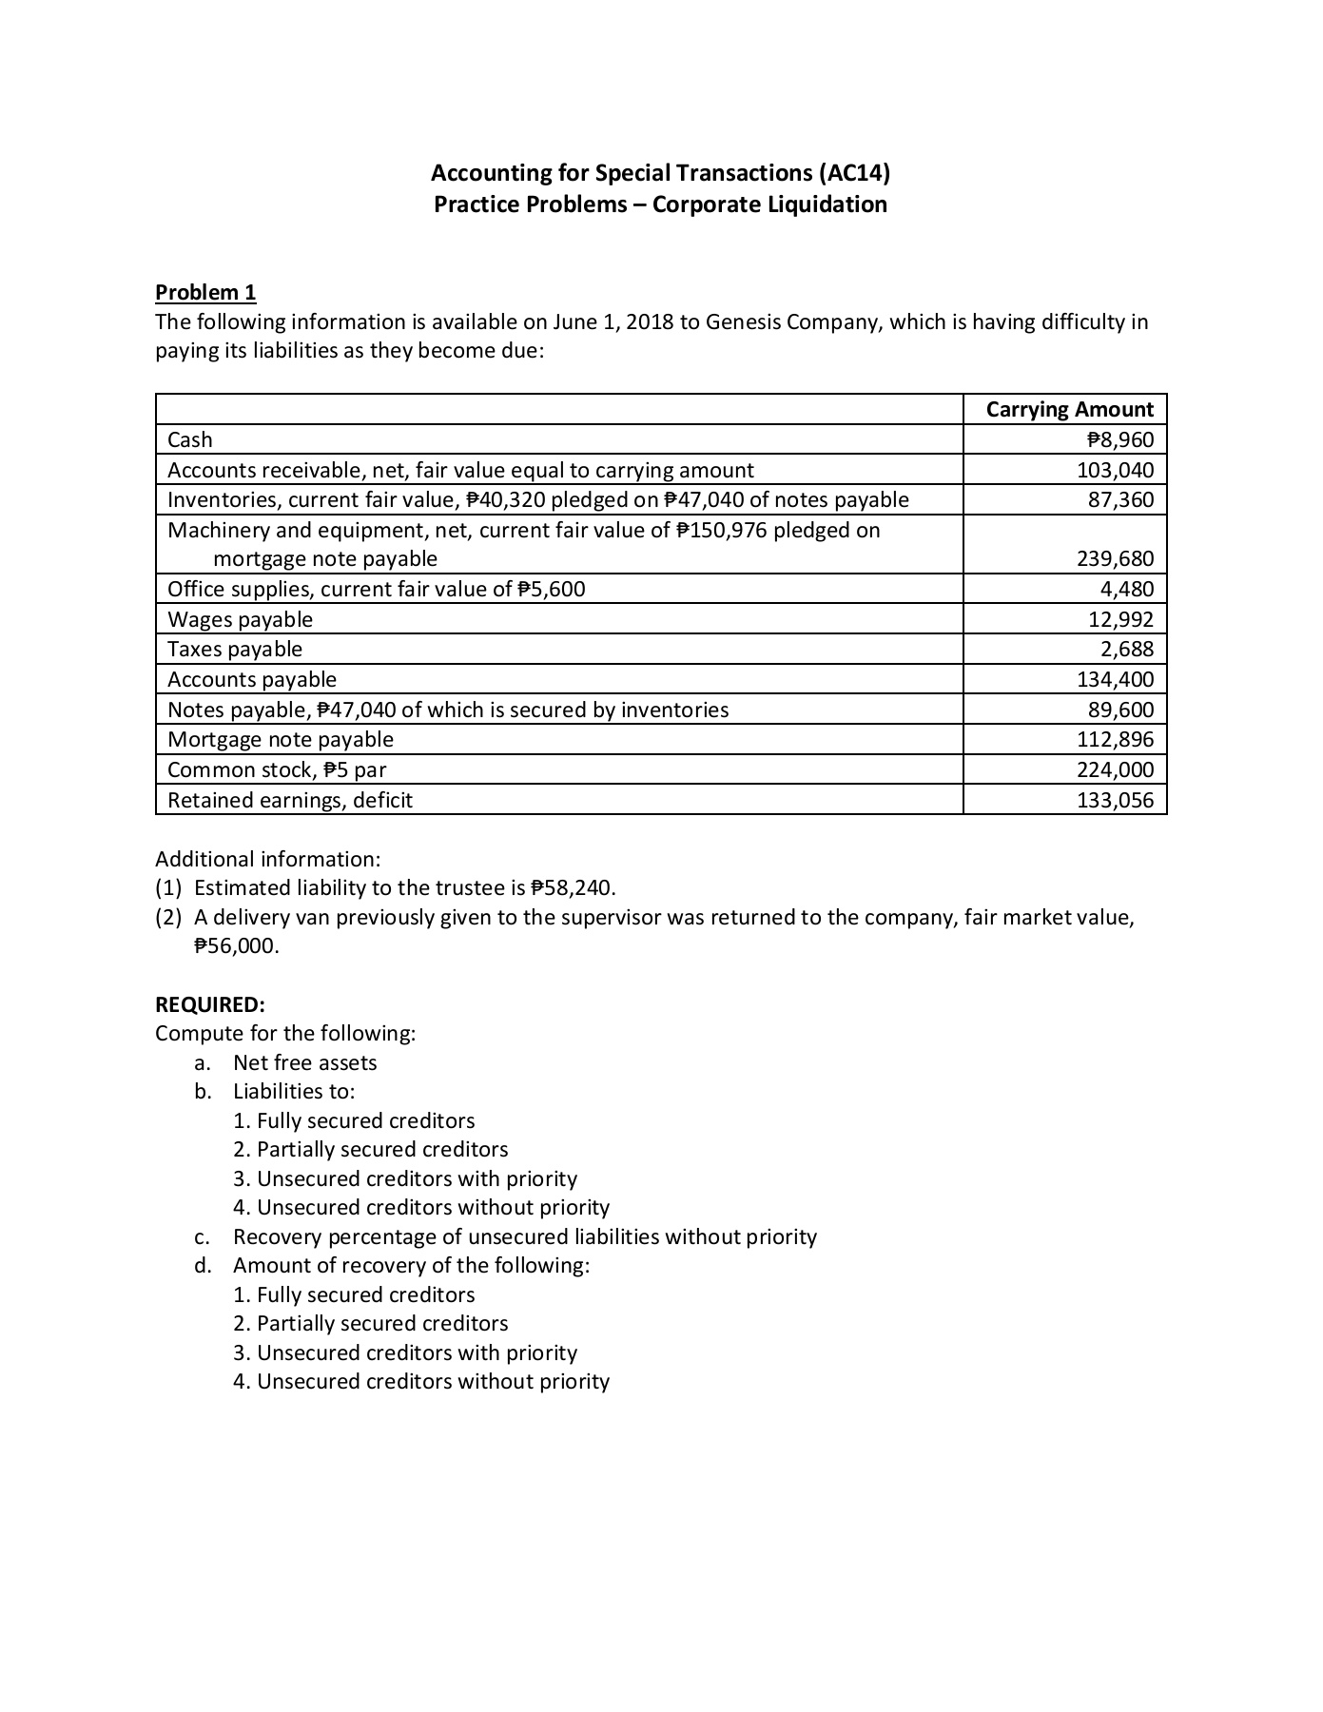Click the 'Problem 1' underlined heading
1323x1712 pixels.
(x=205, y=292)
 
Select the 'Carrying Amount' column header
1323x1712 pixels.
(x=1069, y=409)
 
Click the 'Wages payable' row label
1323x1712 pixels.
(x=240, y=619)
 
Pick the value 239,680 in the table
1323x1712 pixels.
(x=1115, y=558)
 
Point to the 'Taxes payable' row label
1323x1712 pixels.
(x=235, y=649)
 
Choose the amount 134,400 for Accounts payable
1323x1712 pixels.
(x=1115, y=679)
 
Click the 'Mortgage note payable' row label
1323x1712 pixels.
(x=281, y=739)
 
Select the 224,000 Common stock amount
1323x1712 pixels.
(x=1115, y=769)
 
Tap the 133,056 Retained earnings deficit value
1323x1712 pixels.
(x=1115, y=800)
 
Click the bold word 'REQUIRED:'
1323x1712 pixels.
(x=210, y=1004)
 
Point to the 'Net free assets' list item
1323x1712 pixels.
(x=304, y=1062)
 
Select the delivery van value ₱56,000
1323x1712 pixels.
(x=236, y=946)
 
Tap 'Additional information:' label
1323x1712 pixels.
(x=267, y=859)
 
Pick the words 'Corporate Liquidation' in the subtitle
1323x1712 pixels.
(x=769, y=204)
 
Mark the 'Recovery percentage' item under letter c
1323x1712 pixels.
(x=524, y=1236)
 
